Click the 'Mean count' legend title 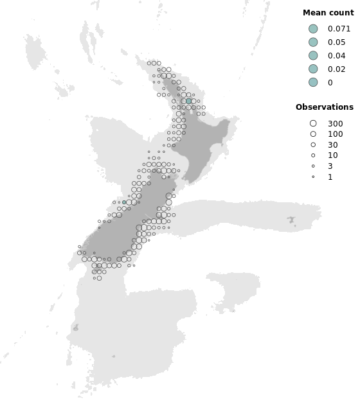click(328, 13)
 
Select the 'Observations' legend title click(324, 107)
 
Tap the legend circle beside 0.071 click(313, 29)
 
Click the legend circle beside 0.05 click(313, 42)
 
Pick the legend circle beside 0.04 click(313, 56)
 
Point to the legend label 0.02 click(336, 69)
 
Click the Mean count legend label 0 click(330, 83)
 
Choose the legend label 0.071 click(339, 29)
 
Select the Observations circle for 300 click(313, 123)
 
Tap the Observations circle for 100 click(313, 134)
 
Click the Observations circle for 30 click(313, 145)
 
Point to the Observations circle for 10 click(313, 155)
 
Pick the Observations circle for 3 click(313, 166)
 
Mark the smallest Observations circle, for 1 click(313, 177)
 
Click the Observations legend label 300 click(335, 124)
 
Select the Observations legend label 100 click(335, 134)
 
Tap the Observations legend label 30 click(332, 145)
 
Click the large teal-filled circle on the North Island click(189, 101)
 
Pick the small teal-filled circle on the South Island click(124, 202)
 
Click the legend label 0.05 click(336, 42)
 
